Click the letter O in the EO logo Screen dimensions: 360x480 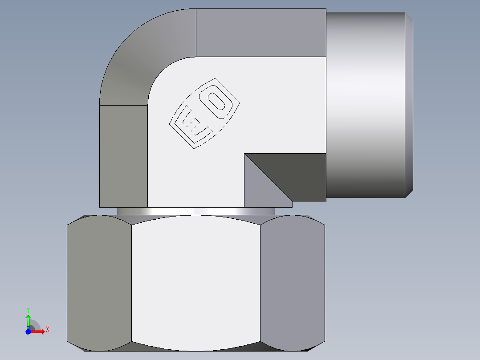(219, 102)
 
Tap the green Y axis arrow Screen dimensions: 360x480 (28, 320)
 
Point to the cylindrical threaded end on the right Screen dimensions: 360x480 (365, 105)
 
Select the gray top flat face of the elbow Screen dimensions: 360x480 (260, 33)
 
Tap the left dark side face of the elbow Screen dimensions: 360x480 (123, 156)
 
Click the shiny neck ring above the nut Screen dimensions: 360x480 (196, 211)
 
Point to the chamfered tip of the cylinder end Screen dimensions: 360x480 (409, 105)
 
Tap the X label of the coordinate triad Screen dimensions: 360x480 (47, 329)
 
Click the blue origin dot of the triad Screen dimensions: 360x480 (28, 331)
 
